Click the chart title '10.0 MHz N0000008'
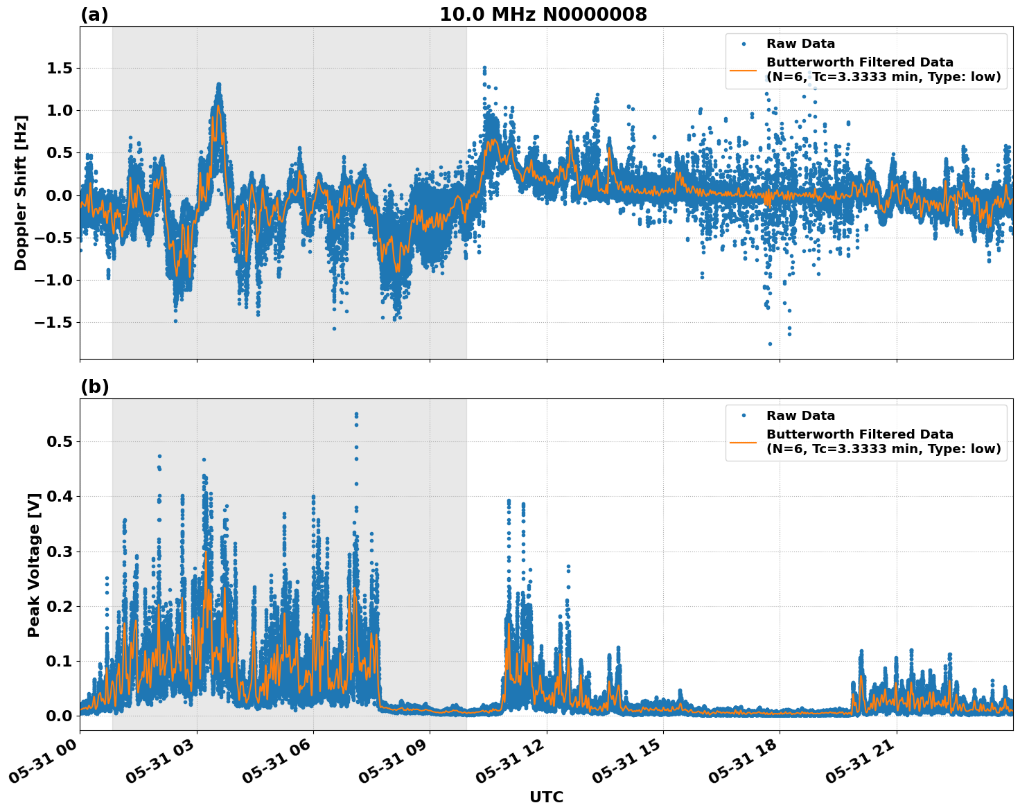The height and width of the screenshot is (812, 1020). click(543, 15)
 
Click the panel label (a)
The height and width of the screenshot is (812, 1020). click(94, 15)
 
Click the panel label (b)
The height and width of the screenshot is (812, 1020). click(94, 387)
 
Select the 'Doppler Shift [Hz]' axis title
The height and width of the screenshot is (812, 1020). click(21, 193)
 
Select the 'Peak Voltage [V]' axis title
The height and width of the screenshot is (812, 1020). click(34, 565)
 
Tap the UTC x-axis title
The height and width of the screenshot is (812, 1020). click(546, 797)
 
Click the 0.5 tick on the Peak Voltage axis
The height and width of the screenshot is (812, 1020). click(62, 441)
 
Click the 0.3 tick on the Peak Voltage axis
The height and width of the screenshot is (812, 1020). click(62, 551)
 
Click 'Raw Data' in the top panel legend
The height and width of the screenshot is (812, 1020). click(800, 44)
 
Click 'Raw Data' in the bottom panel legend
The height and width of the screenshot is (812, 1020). click(800, 416)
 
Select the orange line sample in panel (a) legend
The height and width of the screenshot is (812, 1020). click(744, 69)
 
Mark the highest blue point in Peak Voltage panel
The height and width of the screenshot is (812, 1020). click(356, 414)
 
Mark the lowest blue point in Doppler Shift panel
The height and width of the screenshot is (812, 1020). click(770, 344)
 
